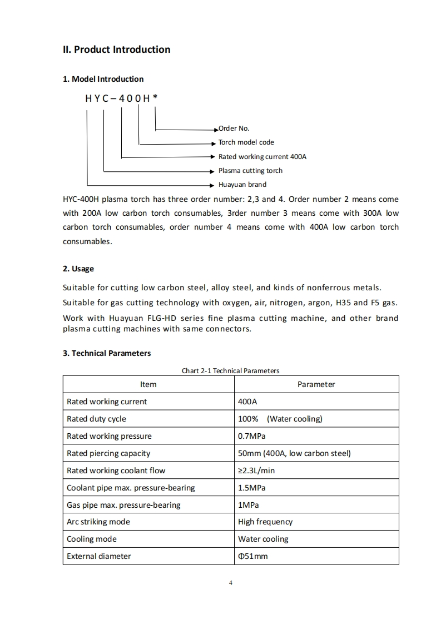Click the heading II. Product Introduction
click(116, 49)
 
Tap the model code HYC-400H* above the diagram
click(121, 98)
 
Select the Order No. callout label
click(234, 128)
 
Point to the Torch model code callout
click(246, 142)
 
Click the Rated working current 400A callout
click(262, 157)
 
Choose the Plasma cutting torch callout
click(250, 171)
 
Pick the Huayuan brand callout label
click(242, 185)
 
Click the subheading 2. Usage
click(78, 269)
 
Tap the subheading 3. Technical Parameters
click(107, 353)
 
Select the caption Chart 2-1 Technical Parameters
click(230, 370)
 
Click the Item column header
click(148, 384)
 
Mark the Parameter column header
click(316, 384)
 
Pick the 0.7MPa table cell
click(252, 436)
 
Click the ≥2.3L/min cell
click(256, 471)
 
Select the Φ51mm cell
click(252, 556)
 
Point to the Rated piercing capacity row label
click(108, 453)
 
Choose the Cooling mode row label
click(92, 539)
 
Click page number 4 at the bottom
click(230, 583)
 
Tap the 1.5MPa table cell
click(252, 488)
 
